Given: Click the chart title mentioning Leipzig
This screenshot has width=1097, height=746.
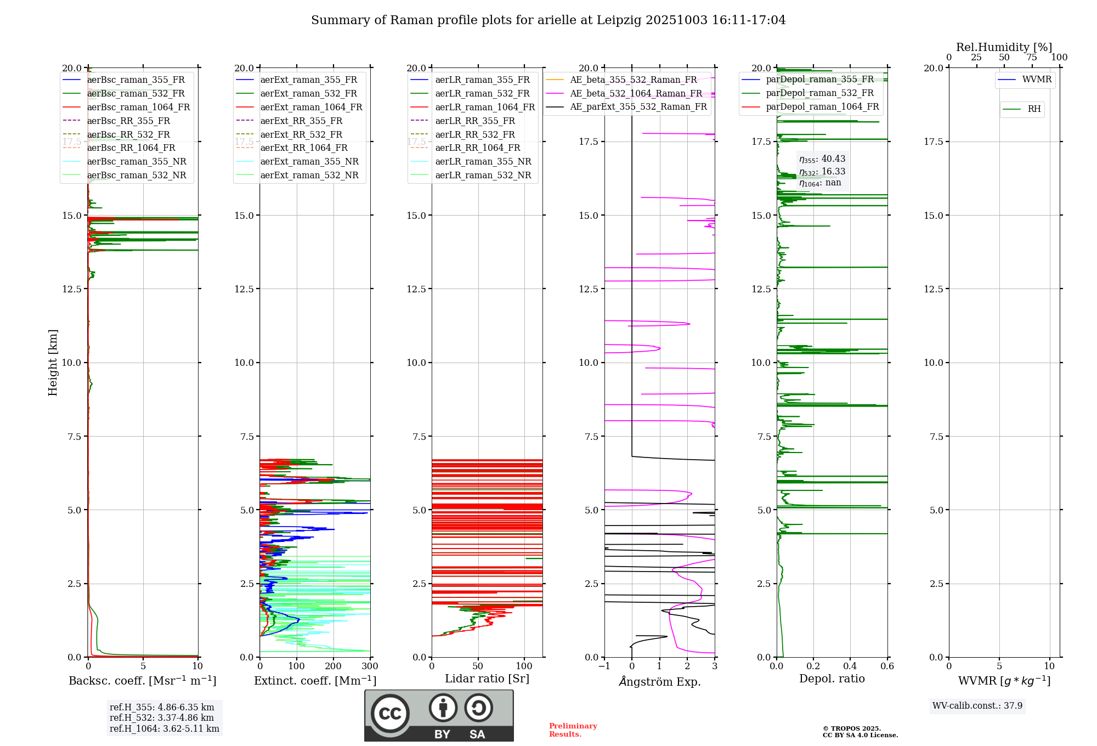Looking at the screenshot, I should pyautogui.click(x=548, y=20).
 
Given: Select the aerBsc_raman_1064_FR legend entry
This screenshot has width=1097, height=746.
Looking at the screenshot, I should pyautogui.click(x=138, y=107).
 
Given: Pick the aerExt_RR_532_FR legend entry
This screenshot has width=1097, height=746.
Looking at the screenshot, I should pyautogui.click(x=301, y=134).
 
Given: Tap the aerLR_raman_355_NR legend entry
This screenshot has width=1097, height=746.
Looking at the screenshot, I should pyautogui.click(x=483, y=161).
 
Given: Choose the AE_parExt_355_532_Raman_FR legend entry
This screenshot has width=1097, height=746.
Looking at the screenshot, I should pyautogui.click(x=638, y=106).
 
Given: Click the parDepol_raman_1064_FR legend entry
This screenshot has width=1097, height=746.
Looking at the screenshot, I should pyautogui.click(x=822, y=106).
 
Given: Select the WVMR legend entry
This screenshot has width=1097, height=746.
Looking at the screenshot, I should pyautogui.click(x=1036, y=80).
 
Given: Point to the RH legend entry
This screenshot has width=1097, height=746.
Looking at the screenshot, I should pyautogui.click(x=1034, y=109).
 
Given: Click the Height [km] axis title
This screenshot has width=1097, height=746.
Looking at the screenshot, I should pyautogui.click(x=53, y=362).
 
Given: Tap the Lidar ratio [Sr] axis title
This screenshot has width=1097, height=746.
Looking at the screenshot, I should pyautogui.click(x=487, y=679).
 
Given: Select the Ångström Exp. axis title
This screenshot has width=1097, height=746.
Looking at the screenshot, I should pyautogui.click(x=660, y=681).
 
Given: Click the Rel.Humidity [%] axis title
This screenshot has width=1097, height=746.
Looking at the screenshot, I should pyautogui.click(x=1004, y=47).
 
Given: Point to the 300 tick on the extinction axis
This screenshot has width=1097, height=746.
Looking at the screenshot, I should pyautogui.click(x=370, y=666).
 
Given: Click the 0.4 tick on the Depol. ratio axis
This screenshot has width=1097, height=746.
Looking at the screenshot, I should pyautogui.click(x=850, y=666).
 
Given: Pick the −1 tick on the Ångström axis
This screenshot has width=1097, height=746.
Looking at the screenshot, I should pyautogui.click(x=604, y=666).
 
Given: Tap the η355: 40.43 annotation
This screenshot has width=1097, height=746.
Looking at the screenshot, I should pyautogui.click(x=822, y=159).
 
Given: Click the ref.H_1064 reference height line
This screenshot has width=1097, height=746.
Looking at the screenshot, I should pyautogui.click(x=164, y=728).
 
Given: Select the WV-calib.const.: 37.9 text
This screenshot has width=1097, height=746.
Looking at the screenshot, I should pyautogui.click(x=977, y=705).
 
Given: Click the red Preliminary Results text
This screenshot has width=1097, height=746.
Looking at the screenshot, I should pyautogui.click(x=573, y=730).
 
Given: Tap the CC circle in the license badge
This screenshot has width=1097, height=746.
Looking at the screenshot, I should pyautogui.click(x=390, y=714).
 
